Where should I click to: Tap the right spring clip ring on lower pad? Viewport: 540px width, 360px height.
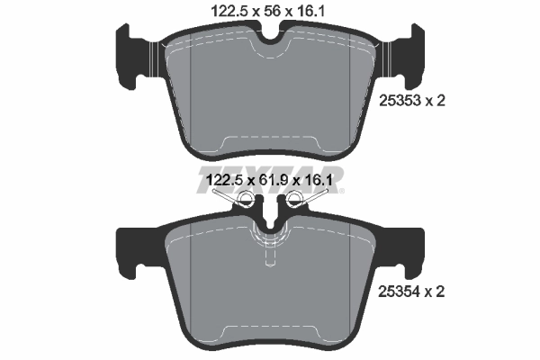point(296,207)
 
